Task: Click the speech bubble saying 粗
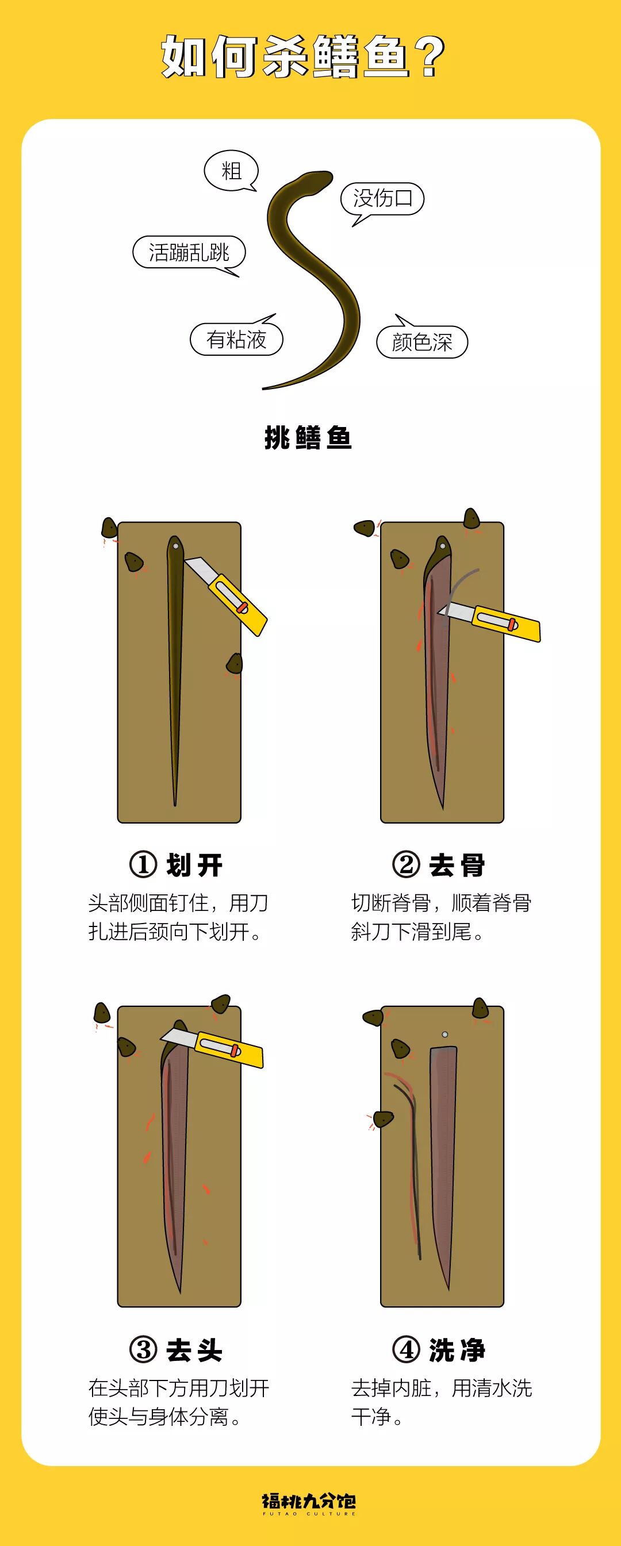(x=231, y=171)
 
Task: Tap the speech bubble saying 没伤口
(x=382, y=199)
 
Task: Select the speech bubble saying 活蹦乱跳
(x=189, y=252)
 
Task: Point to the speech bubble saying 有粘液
(x=236, y=339)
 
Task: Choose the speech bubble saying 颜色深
(x=421, y=341)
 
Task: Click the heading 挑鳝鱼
(x=308, y=437)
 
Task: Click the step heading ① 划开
(x=176, y=865)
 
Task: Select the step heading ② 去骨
(x=439, y=865)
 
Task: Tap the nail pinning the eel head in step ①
(x=175, y=547)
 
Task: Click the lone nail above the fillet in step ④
(x=444, y=1034)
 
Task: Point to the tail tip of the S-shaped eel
(x=264, y=389)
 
